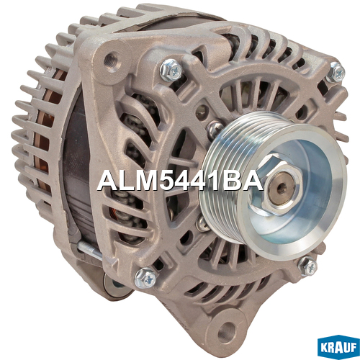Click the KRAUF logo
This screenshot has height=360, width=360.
(338, 348)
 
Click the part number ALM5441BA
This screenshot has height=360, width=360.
(180, 181)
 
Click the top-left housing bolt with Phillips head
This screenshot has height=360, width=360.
(171, 71)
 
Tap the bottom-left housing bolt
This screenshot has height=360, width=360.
(145, 279)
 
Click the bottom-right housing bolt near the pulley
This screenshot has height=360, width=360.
(307, 266)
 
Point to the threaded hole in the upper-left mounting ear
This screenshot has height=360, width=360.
(111, 59)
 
